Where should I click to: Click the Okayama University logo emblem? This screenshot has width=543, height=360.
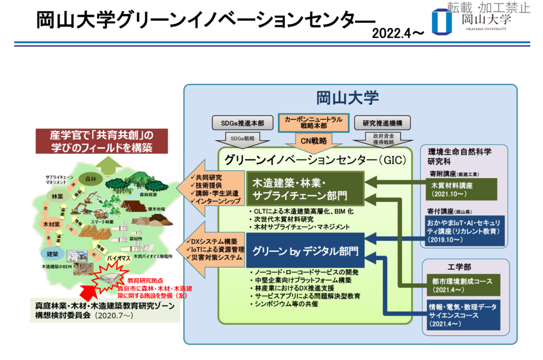[x=441, y=21]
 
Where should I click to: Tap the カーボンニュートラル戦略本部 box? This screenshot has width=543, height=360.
[x=313, y=123]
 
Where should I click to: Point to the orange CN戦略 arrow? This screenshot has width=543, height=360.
[x=313, y=141]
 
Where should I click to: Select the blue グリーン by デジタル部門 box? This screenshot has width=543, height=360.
[x=304, y=250]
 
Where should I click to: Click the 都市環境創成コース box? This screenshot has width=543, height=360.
[x=462, y=284]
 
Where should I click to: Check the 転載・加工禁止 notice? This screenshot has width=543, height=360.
[x=488, y=7]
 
